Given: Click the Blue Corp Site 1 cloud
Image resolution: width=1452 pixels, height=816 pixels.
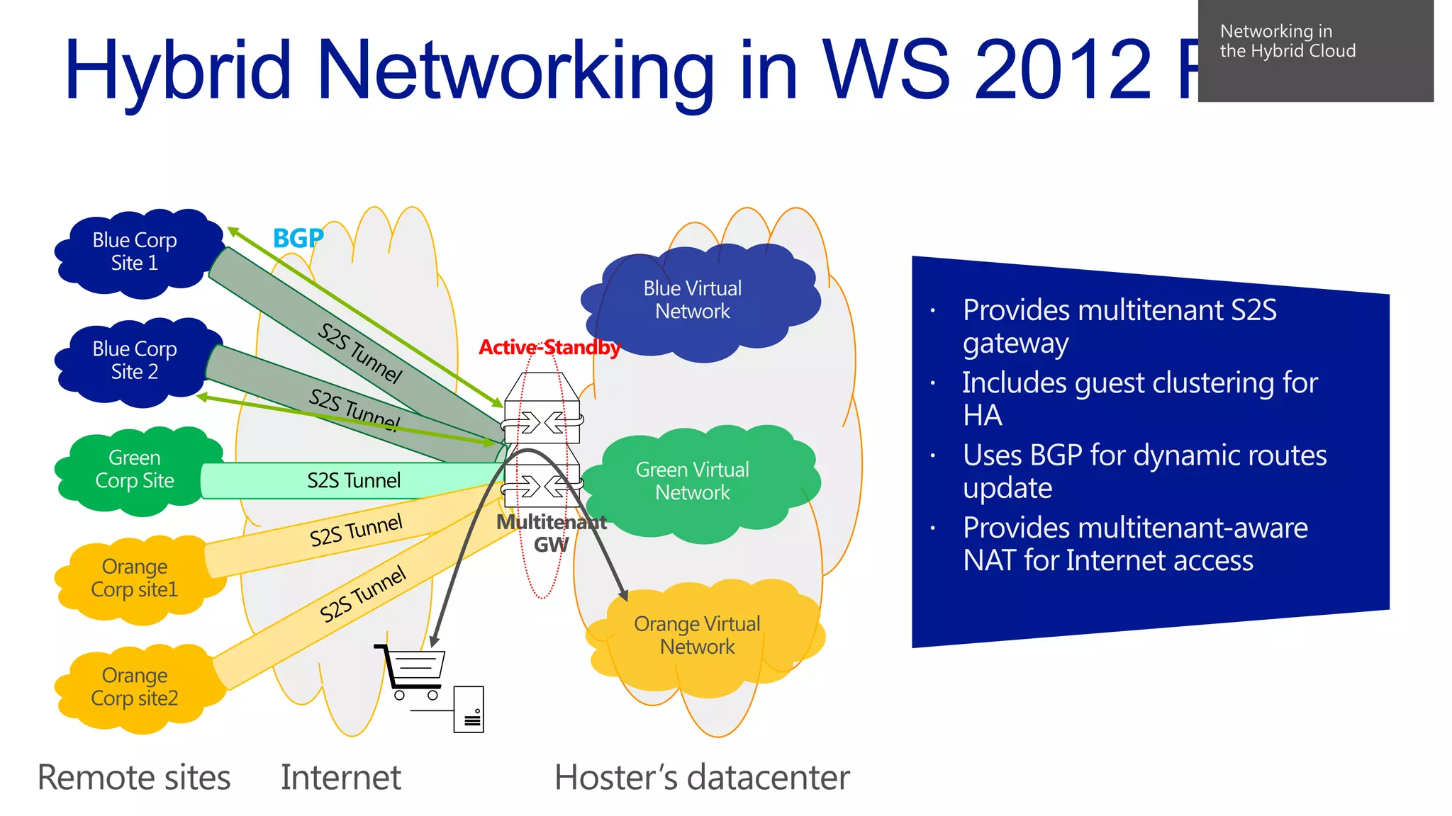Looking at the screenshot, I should [x=135, y=252].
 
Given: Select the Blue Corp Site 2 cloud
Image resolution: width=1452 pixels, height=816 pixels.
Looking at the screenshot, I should [x=135, y=361].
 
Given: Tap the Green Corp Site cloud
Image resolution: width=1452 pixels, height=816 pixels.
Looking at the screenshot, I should [x=135, y=470].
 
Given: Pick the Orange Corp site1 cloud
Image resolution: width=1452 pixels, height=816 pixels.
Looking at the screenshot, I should [x=135, y=579].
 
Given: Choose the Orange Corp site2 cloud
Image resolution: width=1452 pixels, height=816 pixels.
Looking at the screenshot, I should [x=135, y=687].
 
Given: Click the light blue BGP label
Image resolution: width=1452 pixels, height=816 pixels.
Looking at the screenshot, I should [x=298, y=239].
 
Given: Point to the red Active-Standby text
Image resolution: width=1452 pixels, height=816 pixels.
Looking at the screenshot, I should [x=549, y=348].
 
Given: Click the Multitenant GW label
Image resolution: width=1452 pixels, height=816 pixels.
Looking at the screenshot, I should [x=551, y=533].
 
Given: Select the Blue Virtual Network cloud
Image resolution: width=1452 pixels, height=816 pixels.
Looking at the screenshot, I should [x=693, y=300].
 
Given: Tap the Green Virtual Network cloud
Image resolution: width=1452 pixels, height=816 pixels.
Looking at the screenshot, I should [x=693, y=482].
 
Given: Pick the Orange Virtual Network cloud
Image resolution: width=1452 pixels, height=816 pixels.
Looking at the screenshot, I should [x=698, y=636].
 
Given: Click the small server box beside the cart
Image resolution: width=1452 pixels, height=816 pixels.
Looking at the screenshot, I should [x=469, y=709].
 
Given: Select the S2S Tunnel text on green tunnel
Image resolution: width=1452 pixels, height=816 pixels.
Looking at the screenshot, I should [x=354, y=481].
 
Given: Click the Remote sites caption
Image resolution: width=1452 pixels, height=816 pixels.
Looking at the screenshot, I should [x=134, y=778].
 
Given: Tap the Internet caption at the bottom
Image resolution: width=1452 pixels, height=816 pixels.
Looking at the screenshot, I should [x=341, y=778].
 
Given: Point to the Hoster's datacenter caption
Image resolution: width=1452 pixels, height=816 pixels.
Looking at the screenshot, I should [x=702, y=778].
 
